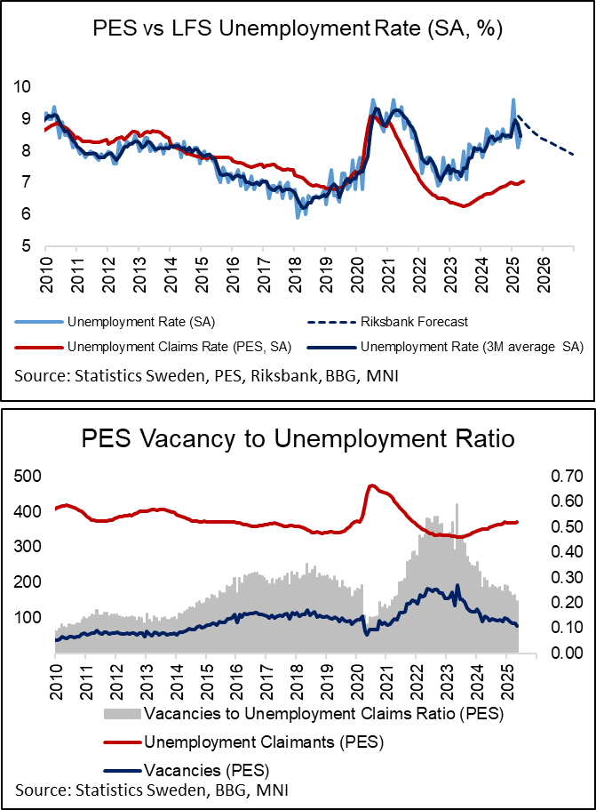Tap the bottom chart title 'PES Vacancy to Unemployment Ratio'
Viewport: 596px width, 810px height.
coord(298,439)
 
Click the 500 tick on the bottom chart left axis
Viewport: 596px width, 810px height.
coord(28,476)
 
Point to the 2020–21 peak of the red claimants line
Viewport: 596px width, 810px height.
coord(372,485)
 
